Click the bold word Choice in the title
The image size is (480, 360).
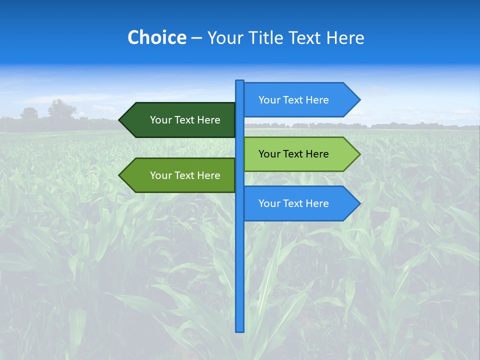point(156,37)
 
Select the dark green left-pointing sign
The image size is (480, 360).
point(180,120)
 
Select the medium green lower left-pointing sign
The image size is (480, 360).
point(180,175)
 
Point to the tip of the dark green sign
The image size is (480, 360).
point(120,120)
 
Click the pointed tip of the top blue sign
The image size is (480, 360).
point(359,100)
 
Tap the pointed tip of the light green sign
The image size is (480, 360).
point(359,154)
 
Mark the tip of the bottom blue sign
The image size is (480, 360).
point(359,203)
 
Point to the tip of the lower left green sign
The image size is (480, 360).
point(120,175)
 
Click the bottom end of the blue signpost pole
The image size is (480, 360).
point(240,330)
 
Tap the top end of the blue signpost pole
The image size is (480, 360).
point(240,81)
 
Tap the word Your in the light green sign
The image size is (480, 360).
point(269,154)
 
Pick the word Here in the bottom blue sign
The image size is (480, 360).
point(317,203)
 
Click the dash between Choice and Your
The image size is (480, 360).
point(196,37)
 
